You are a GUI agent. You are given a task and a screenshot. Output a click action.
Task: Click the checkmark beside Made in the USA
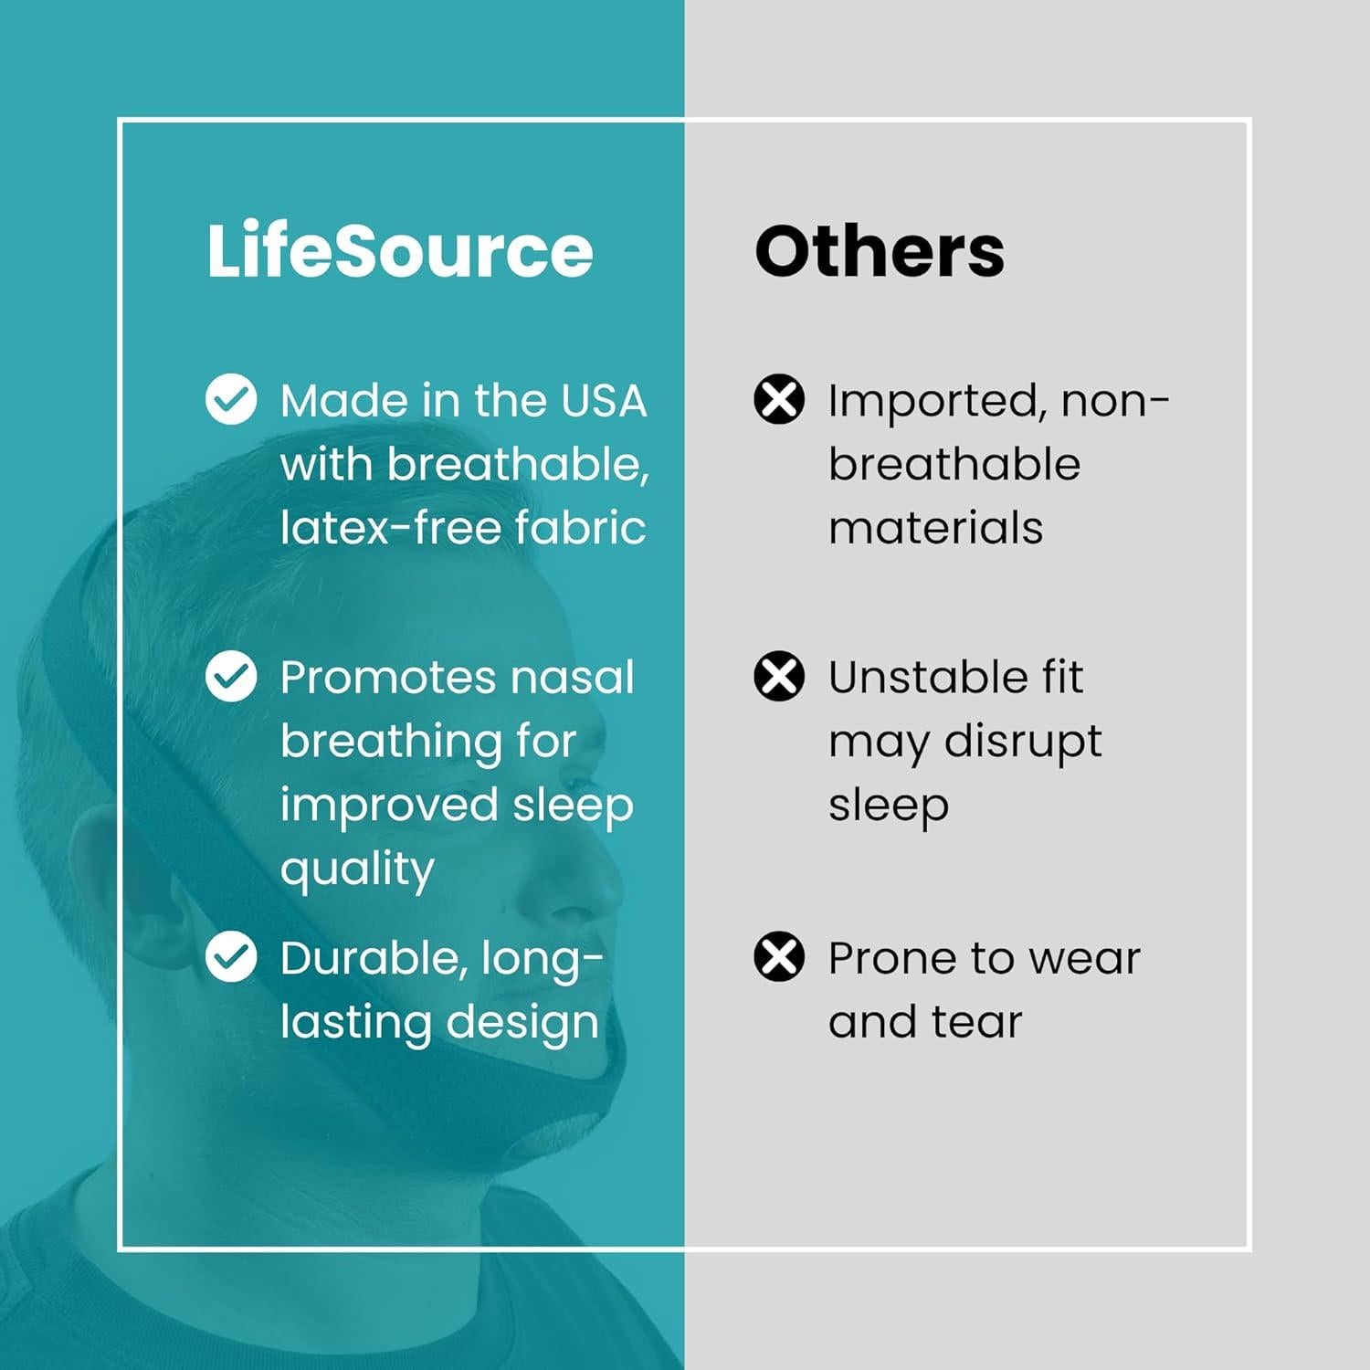(x=231, y=399)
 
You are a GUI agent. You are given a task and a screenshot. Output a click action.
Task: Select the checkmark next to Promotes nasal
(x=231, y=676)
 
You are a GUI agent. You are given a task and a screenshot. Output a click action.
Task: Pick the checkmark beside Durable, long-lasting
(x=231, y=956)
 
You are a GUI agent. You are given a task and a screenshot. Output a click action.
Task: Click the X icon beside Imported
(x=779, y=399)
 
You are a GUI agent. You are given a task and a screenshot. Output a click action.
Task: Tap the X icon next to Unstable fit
(x=779, y=676)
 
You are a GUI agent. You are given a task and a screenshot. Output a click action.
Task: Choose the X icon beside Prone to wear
(x=779, y=956)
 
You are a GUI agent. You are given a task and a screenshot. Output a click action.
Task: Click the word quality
(x=357, y=869)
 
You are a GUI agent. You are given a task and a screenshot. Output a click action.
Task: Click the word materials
(x=935, y=528)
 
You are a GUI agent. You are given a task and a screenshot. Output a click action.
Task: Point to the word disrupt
(x=1022, y=742)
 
